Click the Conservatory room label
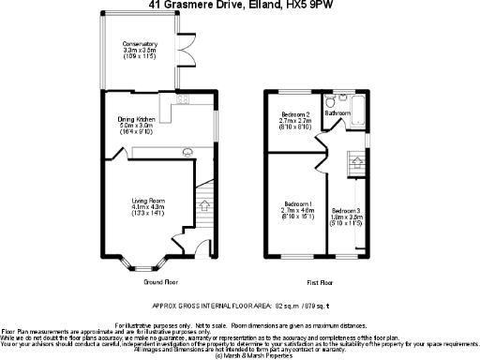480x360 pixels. (x=139, y=44)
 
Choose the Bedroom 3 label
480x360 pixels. (x=346, y=211)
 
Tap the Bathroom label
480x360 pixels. (x=337, y=113)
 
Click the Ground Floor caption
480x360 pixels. (x=160, y=281)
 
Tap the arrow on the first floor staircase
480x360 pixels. (x=356, y=163)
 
